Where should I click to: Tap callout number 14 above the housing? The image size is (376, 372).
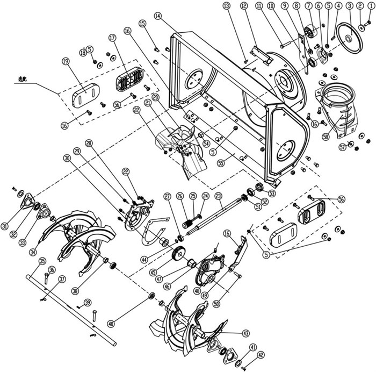point(157,17)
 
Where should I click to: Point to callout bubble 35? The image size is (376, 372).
point(41,262)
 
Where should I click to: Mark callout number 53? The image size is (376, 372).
point(272,192)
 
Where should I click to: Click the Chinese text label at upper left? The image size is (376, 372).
point(23,78)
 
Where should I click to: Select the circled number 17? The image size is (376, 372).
point(112,39)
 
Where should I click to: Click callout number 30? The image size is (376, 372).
point(67,158)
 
